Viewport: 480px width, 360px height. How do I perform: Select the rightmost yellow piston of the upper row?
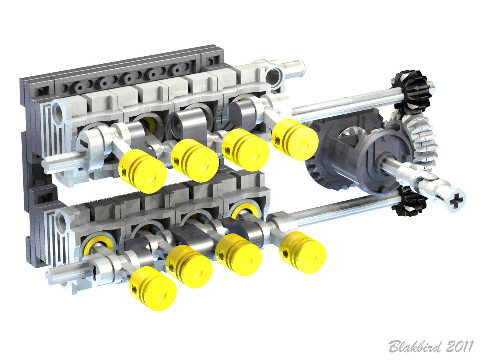(x=295, y=139)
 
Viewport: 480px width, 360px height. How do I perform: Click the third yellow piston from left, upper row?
(x=245, y=150)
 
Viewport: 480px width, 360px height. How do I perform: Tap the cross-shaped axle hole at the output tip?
(x=456, y=198)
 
